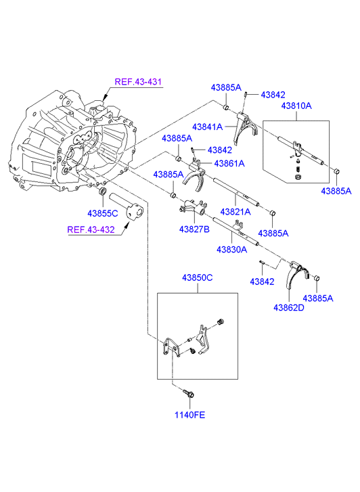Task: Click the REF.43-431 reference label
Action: click(x=138, y=82)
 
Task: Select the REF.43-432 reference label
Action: click(x=91, y=229)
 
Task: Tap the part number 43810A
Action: click(x=296, y=106)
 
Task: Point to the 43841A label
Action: click(x=208, y=127)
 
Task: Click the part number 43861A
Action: click(x=229, y=164)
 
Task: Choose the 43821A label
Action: click(x=235, y=212)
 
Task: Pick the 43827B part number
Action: click(x=194, y=229)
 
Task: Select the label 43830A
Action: click(x=232, y=250)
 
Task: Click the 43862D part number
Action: click(x=289, y=308)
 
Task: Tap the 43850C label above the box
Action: click(x=198, y=277)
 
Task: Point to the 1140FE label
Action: click(x=189, y=415)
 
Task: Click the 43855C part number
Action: click(x=103, y=213)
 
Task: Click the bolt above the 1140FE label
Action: click(x=188, y=393)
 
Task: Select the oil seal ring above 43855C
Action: click(x=103, y=191)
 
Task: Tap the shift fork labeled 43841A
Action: click(x=246, y=127)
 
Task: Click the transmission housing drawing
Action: click(x=73, y=141)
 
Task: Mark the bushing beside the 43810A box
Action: click(x=336, y=172)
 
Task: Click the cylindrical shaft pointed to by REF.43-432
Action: click(x=126, y=206)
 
